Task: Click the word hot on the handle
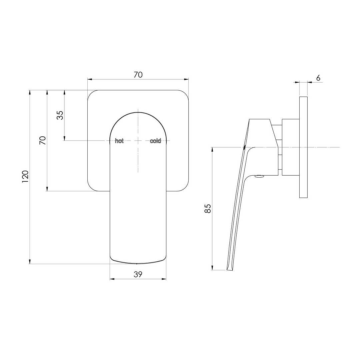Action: (119, 141)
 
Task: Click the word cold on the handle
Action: (155, 141)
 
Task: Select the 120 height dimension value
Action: (26, 176)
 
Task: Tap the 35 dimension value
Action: (60, 115)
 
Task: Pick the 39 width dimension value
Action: (138, 274)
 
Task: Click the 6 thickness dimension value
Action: (318, 78)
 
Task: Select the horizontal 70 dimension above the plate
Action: (138, 75)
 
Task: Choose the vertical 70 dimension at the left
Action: (43, 140)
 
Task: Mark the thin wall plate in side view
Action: (303, 147)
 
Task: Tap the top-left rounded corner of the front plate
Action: (91, 94)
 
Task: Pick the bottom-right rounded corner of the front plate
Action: (185, 187)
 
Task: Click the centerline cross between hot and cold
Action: (138, 141)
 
